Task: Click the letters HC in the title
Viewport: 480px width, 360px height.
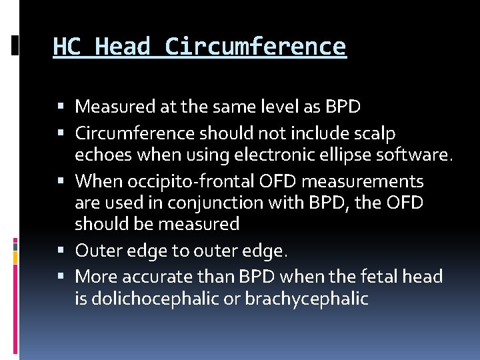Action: click(67, 47)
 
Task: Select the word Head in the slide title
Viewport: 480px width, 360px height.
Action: click(123, 47)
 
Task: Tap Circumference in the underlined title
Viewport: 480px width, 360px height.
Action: click(255, 47)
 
